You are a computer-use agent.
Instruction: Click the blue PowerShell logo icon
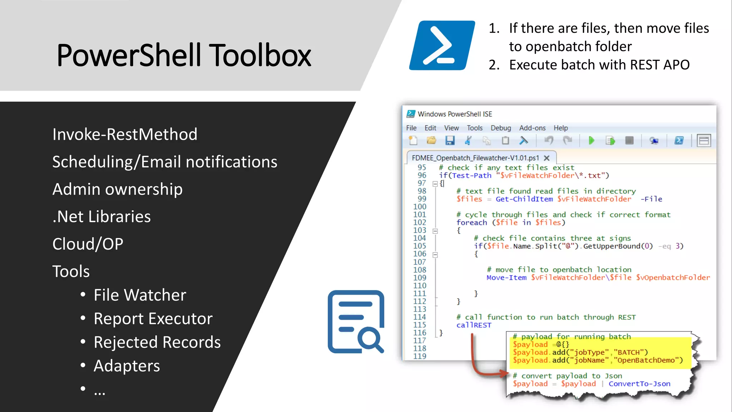442,45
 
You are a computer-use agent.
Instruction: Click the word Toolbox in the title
260,55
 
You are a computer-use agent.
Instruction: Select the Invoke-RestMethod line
125,134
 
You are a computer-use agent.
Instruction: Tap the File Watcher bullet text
140,295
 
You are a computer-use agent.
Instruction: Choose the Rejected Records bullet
157,342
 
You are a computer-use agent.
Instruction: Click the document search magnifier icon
356,322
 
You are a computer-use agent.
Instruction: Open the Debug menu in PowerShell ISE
500,128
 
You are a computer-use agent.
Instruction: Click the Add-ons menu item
532,128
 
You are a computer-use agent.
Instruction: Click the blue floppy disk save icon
450,141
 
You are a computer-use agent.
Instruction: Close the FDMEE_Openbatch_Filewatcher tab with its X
546,158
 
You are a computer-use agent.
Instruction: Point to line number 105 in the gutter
420,246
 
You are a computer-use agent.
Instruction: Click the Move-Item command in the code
506,278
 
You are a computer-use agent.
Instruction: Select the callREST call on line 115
474,325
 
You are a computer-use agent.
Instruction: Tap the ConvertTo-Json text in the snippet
639,384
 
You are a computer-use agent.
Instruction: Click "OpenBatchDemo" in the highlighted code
648,360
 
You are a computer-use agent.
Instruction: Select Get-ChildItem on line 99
524,199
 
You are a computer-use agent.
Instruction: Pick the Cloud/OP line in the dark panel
88,244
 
